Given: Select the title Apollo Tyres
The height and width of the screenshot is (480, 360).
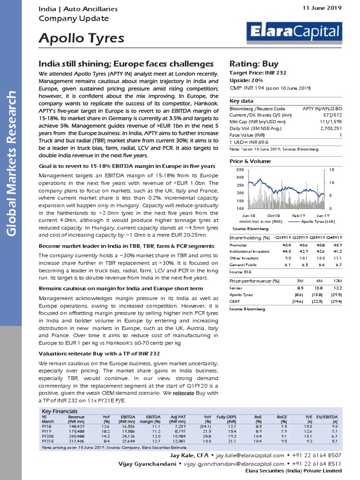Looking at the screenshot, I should (81, 38).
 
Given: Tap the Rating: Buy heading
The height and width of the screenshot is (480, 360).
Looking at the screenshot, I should (254, 64).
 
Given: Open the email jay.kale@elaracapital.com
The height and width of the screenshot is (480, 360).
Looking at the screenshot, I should (250, 456).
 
